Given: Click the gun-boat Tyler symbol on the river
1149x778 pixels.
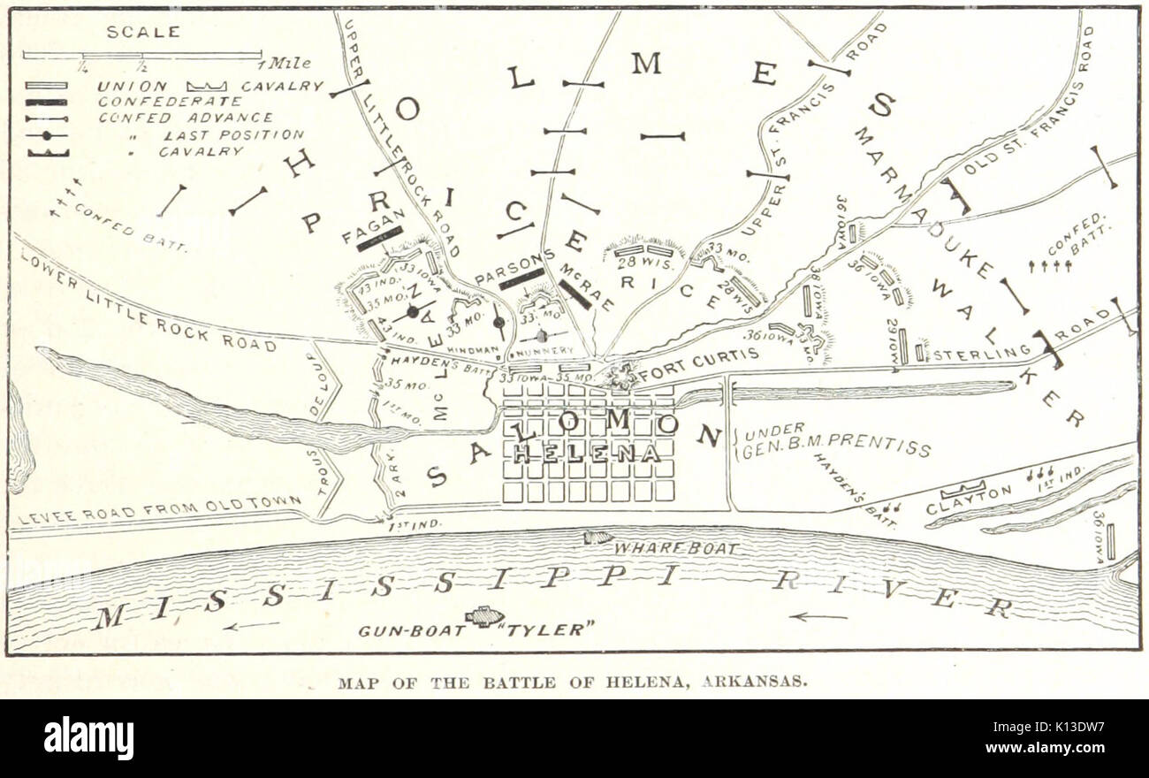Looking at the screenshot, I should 484,616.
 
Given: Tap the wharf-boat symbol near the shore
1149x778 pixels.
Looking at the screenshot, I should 598,537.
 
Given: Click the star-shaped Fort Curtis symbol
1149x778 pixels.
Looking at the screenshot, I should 623,377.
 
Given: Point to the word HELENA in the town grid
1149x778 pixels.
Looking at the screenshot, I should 587,454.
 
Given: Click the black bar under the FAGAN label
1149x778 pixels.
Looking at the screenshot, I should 379,238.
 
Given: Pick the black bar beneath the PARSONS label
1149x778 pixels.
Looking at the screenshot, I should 521,279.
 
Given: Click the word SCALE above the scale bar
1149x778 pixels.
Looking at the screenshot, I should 142,32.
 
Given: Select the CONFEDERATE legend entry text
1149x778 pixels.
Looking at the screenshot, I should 170,102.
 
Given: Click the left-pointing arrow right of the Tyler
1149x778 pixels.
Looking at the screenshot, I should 818,616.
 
